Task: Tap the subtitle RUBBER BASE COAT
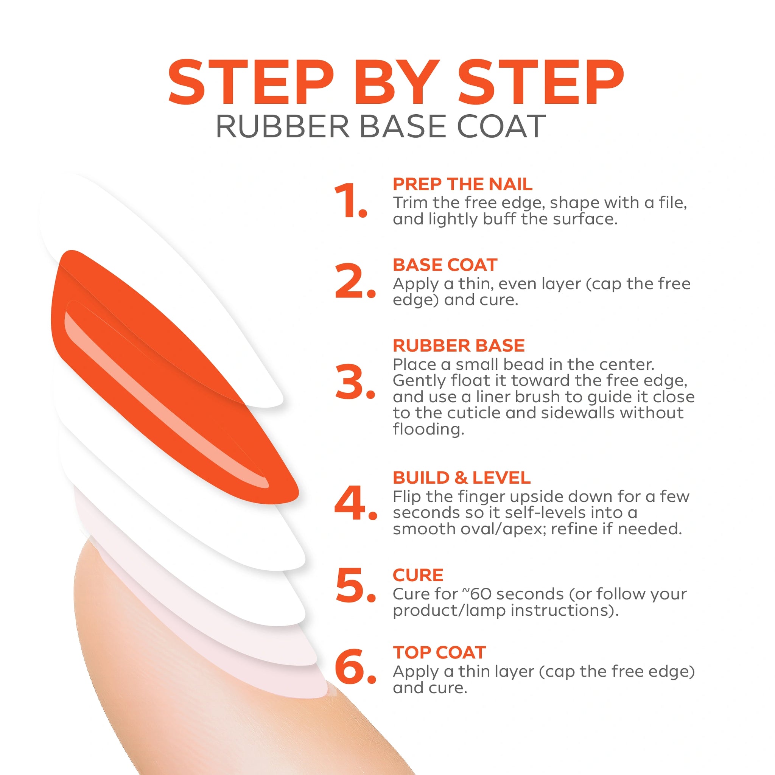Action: point(380,126)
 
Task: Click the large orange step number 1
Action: point(350,200)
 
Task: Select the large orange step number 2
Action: point(355,281)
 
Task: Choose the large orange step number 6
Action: point(355,666)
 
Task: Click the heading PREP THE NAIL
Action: point(462,184)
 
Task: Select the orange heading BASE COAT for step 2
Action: point(445,265)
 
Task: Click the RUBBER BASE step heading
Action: point(459,345)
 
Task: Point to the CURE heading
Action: point(418,575)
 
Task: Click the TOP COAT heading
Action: point(439,652)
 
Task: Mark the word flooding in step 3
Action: point(428,429)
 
